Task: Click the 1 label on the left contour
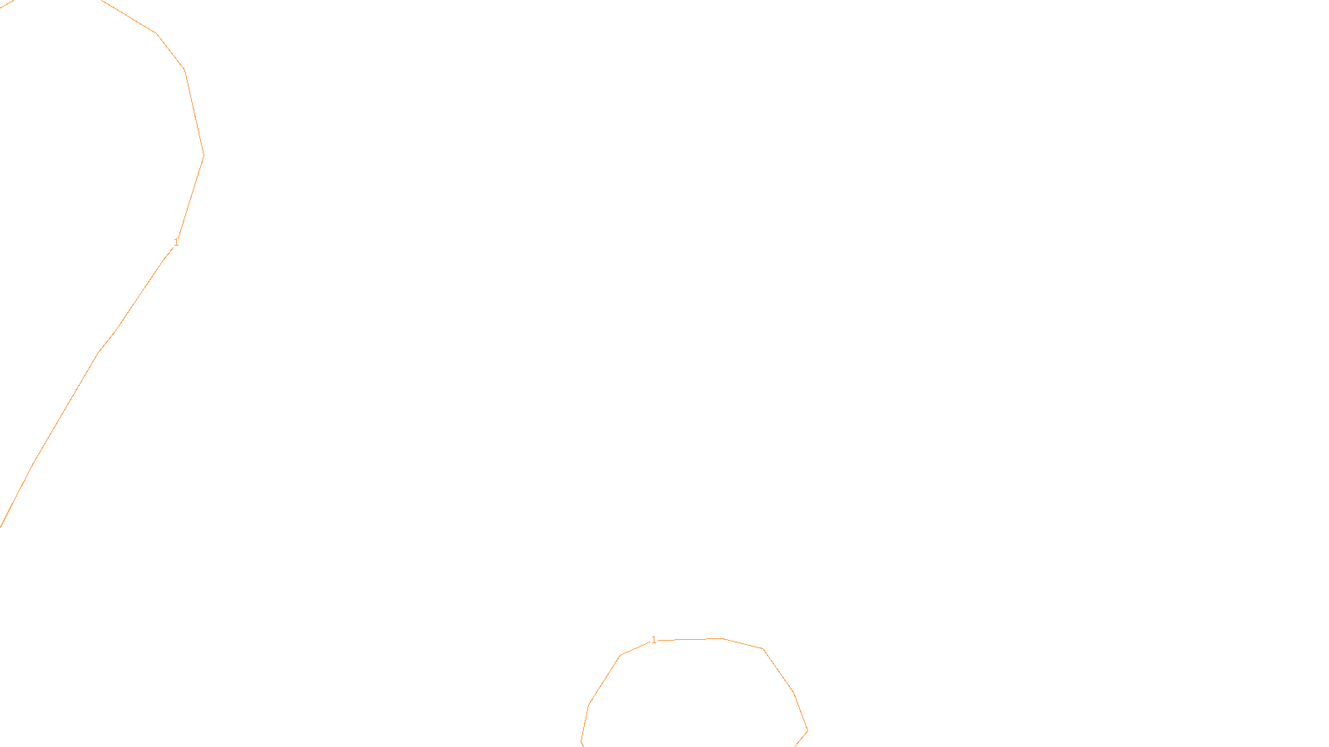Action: click(176, 242)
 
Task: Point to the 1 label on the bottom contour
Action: click(654, 640)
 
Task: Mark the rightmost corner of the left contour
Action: click(204, 154)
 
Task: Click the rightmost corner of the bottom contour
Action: click(807, 731)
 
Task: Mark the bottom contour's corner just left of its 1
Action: click(620, 656)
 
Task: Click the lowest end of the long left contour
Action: click(1, 526)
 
